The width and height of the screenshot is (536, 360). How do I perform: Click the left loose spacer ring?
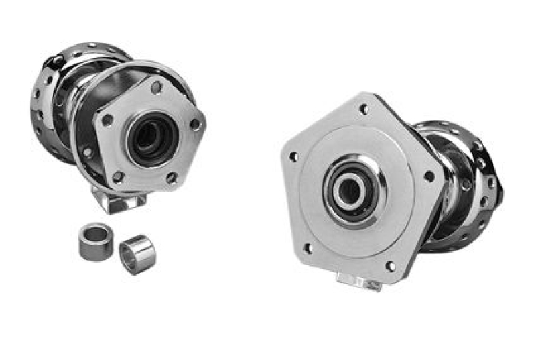[95, 241]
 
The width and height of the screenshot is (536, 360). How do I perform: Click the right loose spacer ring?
[137, 253]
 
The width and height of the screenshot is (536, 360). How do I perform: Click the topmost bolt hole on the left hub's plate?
[155, 87]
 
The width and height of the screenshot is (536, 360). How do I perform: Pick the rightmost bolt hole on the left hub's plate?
[195, 124]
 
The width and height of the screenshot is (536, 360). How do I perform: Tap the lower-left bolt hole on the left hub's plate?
[118, 176]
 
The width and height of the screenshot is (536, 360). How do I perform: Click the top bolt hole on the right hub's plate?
[364, 109]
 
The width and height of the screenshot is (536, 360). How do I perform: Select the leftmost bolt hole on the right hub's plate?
[293, 157]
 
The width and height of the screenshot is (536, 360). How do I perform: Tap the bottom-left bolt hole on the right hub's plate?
[308, 249]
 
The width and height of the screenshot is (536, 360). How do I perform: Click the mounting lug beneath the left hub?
[121, 200]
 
